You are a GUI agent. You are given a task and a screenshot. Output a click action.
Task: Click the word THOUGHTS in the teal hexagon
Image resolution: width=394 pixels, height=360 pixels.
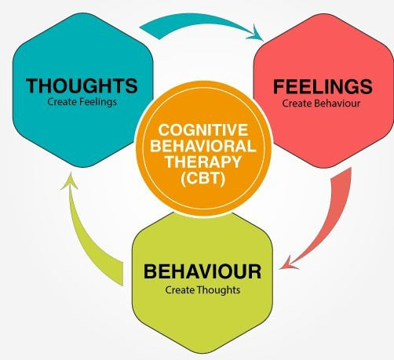click(x=82, y=85)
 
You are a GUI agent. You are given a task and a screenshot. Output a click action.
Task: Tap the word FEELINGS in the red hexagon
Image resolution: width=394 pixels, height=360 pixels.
click(x=323, y=86)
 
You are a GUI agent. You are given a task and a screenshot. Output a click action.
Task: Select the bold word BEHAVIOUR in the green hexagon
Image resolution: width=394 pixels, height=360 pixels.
click(x=202, y=271)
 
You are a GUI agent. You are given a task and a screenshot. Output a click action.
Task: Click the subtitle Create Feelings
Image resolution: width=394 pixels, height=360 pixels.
click(x=82, y=102)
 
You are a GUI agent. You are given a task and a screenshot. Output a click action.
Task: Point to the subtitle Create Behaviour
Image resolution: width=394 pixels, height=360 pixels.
click(x=321, y=104)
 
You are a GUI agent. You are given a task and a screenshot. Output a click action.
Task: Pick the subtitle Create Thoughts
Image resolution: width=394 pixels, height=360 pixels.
click(x=202, y=290)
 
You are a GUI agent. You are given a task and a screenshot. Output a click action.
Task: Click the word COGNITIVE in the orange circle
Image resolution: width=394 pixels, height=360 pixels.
click(x=203, y=130)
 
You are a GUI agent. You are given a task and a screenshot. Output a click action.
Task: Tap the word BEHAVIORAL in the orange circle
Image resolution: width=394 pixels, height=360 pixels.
click(x=203, y=146)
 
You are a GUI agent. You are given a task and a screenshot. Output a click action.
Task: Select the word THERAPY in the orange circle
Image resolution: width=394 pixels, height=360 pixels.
click(x=203, y=162)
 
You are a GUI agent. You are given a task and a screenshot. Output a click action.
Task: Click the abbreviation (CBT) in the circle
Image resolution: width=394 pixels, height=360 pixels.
click(x=203, y=178)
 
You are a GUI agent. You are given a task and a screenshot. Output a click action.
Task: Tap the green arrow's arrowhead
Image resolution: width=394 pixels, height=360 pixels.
click(x=70, y=181)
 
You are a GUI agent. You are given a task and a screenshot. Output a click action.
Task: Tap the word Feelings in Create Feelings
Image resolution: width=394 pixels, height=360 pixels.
click(x=98, y=102)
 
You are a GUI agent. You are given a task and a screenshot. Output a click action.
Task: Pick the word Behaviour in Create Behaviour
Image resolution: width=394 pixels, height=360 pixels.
click(x=337, y=104)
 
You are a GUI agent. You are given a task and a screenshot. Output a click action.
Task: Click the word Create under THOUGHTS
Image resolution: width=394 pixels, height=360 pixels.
click(x=63, y=102)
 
